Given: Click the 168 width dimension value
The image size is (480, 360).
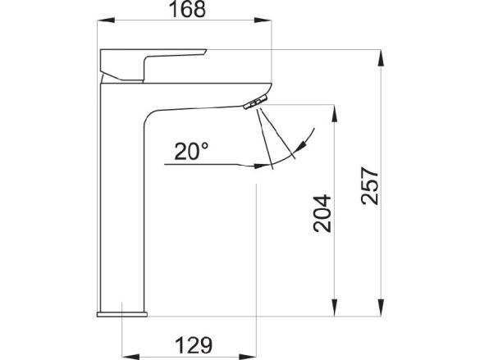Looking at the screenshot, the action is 187,10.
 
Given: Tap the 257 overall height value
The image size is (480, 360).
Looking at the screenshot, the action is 370,185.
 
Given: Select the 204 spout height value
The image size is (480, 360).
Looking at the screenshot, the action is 322,213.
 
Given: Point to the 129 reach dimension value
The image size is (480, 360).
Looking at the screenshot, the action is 194,345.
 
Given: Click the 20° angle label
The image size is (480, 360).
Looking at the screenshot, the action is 191,152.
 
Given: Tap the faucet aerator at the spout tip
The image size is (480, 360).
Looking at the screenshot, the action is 255,102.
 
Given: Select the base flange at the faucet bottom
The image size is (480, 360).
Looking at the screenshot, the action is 122,314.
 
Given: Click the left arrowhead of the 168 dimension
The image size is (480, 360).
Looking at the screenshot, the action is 106,21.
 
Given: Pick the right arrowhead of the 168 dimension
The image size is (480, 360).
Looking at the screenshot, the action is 263,21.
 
